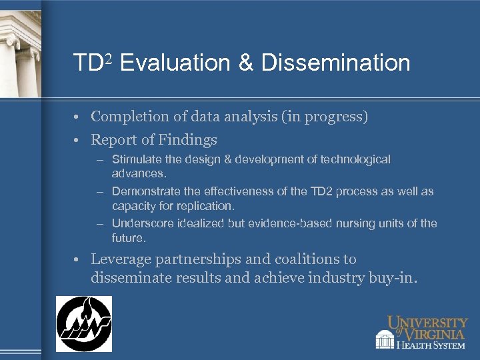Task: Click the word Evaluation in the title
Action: pos(175,63)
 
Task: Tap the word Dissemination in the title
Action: pos(335,63)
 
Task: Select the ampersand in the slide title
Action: pos(245,63)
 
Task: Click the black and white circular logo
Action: pos(83,324)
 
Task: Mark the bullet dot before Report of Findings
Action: pos(78,141)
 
